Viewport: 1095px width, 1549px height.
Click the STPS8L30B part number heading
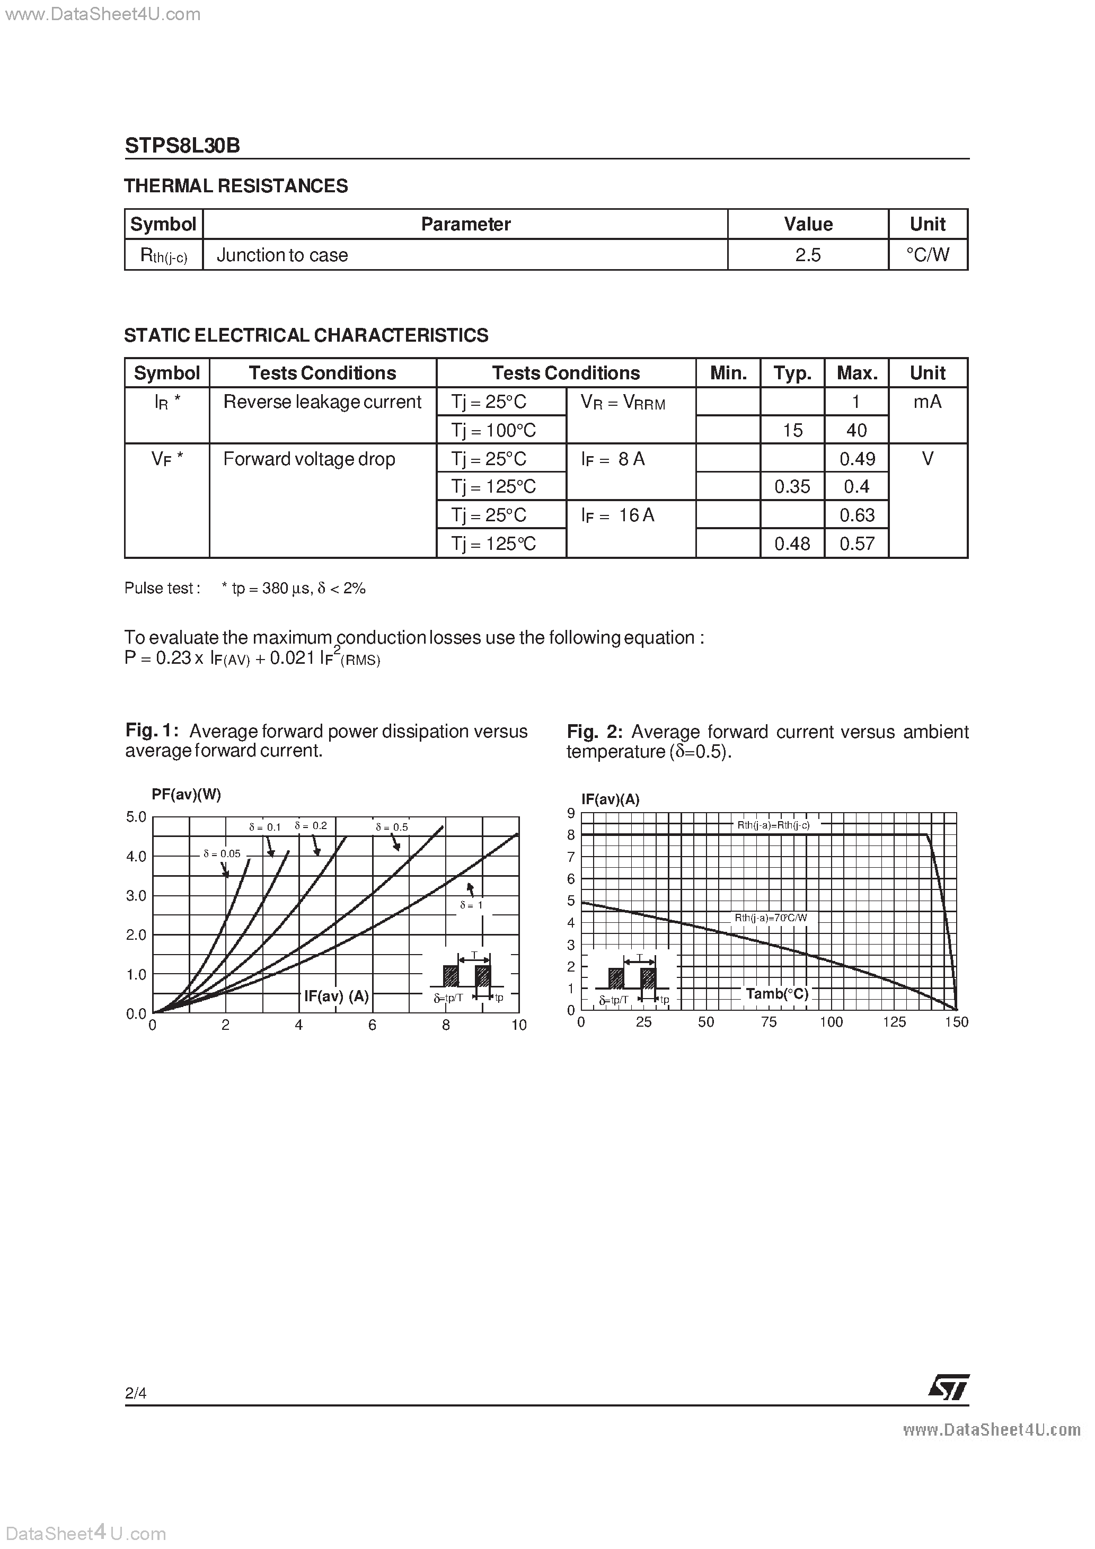182,146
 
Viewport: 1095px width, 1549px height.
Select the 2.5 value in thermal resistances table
807,255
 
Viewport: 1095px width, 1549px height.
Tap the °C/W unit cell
928,255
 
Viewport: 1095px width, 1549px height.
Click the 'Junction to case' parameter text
282,255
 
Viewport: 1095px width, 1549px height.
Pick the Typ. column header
792,373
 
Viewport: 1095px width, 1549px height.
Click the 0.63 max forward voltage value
856,515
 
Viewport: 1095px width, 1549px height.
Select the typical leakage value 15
792,431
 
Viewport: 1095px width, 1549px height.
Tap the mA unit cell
927,402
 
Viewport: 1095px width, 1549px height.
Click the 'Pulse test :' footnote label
162,589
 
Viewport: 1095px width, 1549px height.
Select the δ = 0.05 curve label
222,853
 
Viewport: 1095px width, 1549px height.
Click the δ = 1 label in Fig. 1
471,905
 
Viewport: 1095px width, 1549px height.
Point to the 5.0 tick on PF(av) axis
136,817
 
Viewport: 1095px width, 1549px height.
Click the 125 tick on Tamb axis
894,1022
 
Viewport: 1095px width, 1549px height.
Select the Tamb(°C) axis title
777,994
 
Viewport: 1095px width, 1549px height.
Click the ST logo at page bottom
949,1388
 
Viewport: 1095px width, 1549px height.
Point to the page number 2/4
136,1393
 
